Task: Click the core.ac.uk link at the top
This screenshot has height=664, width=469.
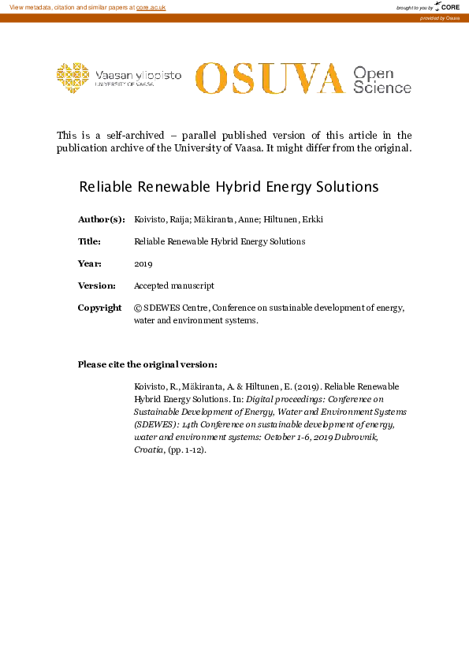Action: pos(151,7)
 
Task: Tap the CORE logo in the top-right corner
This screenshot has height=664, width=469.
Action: pos(448,7)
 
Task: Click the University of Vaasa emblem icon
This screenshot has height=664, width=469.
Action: pos(73,77)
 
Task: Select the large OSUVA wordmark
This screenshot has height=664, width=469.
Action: pos(270,78)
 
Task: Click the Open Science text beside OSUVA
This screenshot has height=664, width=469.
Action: pos(382,80)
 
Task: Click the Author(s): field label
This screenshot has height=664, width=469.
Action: pos(101,218)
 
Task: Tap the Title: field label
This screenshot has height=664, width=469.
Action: pos(90,241)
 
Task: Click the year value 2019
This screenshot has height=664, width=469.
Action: pos(143,263)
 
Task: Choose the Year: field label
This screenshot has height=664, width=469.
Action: pos(89,263)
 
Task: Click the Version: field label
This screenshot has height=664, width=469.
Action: pos(97,285)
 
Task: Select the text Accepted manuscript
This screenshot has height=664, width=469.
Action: pos(174,285)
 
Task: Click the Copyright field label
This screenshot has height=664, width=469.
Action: pos(99,308)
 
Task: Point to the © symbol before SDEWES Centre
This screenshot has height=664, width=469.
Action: pos(138,308)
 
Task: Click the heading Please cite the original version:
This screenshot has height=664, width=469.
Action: pos(147,364)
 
